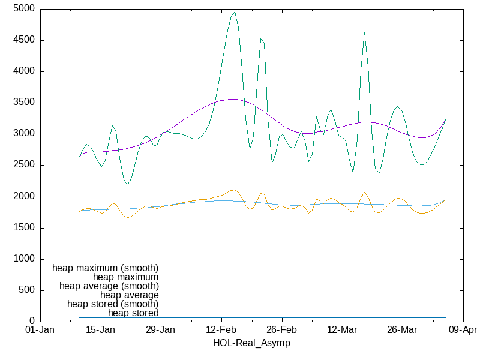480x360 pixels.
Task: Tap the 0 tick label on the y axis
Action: pyautogui.click(x=31, y=321)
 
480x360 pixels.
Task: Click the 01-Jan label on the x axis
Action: pyautogui.click(x=40, y=330)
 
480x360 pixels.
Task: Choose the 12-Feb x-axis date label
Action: pyautogui.click(x=221, y=330)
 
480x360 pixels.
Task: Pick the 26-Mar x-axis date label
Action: pyautogui.click(x=402, y=330)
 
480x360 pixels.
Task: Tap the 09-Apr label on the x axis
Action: pyautogui.click(x=463, y=330)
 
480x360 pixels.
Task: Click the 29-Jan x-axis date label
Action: pyautogui.click(x=160, y=330)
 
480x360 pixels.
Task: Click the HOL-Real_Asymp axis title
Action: pyautogui.click(x=251, y=343)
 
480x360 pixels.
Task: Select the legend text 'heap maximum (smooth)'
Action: pyautogui.click(x=106, y=268)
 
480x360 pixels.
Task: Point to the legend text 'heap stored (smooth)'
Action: pyautogui.click(x=113, y=304)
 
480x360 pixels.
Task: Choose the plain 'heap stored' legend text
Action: pyautogui.click(x=133, y=313)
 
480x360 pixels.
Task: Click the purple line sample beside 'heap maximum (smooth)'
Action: pyautogui.click(x=176, y=268)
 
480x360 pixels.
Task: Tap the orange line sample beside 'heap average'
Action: pyautogui.click(x=176, y=295)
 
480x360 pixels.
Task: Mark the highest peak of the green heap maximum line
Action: pyautogui.click(x=235, y=11)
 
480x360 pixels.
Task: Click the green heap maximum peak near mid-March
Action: pyautogui.click(x=364, y=32)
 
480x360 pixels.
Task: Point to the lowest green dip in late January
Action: pyautogui.click(x=127, y=185)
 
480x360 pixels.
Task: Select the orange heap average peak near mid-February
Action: pyautogui.click(x=235, y=190)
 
